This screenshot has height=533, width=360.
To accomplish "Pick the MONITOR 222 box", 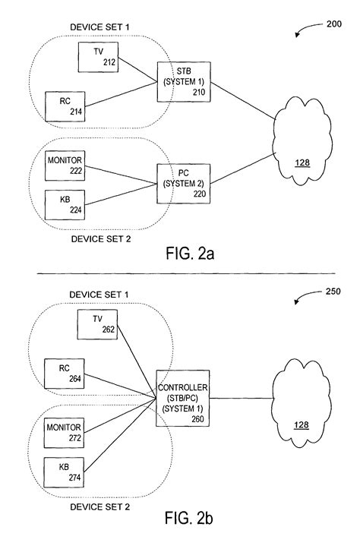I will (x=65, y=166).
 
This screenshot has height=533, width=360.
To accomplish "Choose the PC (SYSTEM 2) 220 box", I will (x=179, y=182).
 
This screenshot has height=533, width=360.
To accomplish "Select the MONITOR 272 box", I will (x=65, y=433).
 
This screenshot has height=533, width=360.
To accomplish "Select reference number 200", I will (x=333, y=24).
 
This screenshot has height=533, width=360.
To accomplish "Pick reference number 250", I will (x=333, y=292).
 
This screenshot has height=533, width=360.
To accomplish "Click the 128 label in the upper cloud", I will (x=302, y=164).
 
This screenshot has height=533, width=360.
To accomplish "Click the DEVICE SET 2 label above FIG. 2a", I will (x=101, y=238).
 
